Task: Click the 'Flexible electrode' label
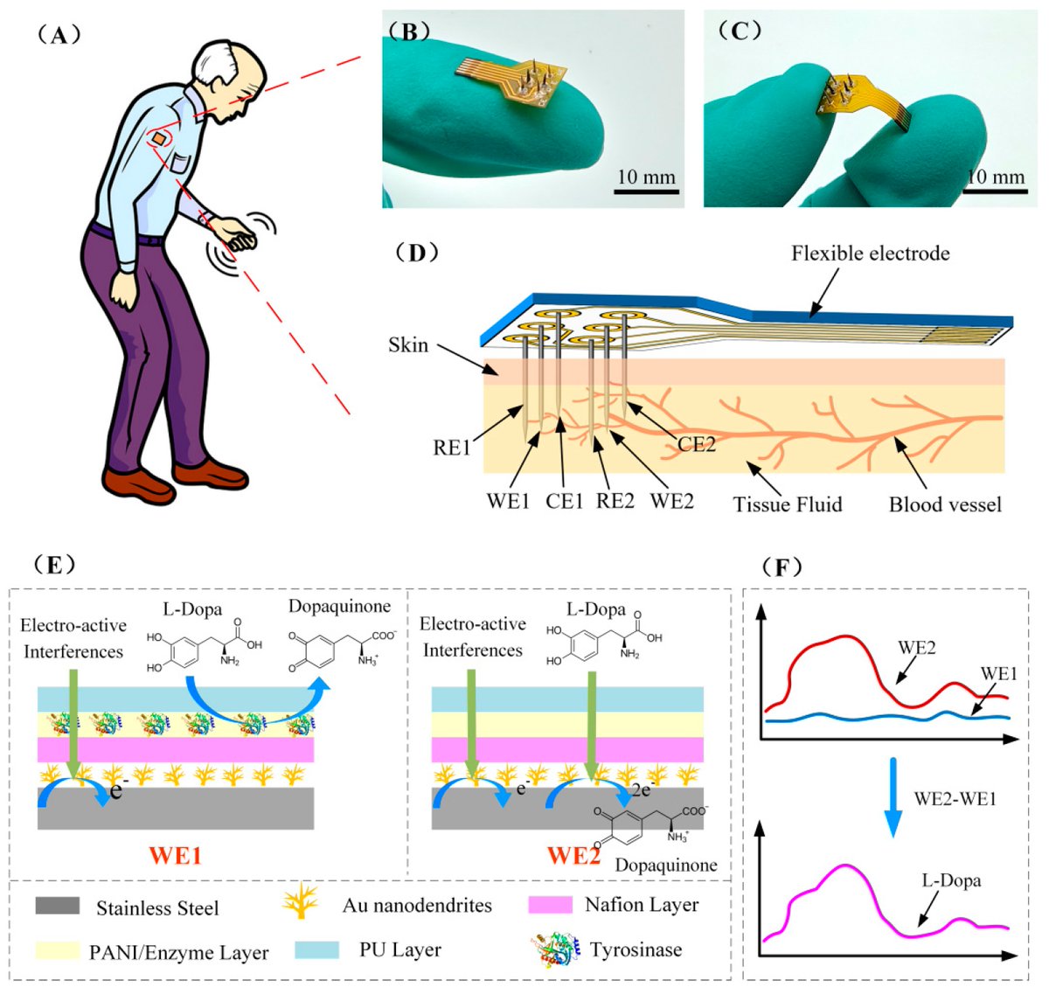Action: [x=870, y=254]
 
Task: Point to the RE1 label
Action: [x=452, y=448]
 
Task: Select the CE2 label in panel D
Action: [x=696, y=444]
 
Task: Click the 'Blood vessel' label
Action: [x=945, y=504]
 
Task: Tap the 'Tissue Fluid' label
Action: [x=787, y=504]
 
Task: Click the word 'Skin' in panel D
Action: [x=408, y=344]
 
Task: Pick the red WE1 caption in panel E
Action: [x=175, y=854]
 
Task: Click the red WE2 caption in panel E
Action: [x=573, y=854]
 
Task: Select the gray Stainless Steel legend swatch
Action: [x=58, y=906]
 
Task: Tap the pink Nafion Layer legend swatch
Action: [x=551, y=905]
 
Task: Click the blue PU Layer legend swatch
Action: [x=316, y=950]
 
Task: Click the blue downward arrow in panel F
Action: [x=893, y=796]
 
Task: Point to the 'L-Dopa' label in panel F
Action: [x=951, y=880]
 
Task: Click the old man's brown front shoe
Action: [x=131, y=480]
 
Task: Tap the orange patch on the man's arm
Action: [x=160, y=138]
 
